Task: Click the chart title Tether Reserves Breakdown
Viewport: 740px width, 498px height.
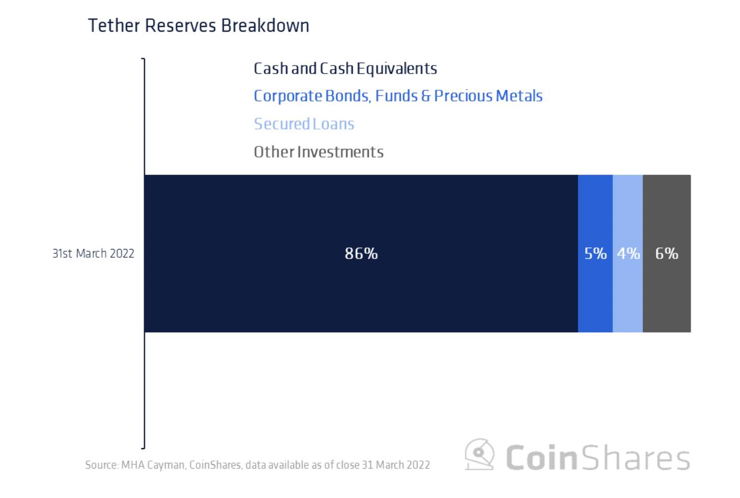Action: click(x=199, y=26)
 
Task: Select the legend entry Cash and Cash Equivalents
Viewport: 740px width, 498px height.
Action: click(x=345, y=69)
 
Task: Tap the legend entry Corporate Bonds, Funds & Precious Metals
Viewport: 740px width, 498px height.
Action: click(x=398, y=96)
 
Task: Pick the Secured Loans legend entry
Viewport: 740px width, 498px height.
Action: click(x=304, y=124)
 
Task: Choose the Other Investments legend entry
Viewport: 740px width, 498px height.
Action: click(x=318, y=151)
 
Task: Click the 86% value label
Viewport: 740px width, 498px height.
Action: click(x=361, y=253)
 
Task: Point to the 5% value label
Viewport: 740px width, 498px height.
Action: click(x=595, y=253)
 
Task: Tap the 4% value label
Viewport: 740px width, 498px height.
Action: click(x=628, y=253)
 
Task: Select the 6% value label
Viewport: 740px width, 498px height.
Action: click(x=666, y=253)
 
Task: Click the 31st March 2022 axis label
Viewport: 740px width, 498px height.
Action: click(x=93, y=253)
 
